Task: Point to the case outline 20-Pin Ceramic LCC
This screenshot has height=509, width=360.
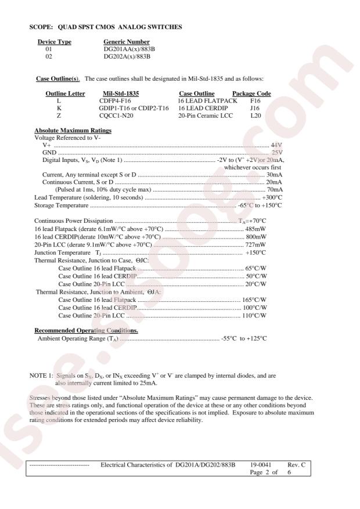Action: click(206, 115)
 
